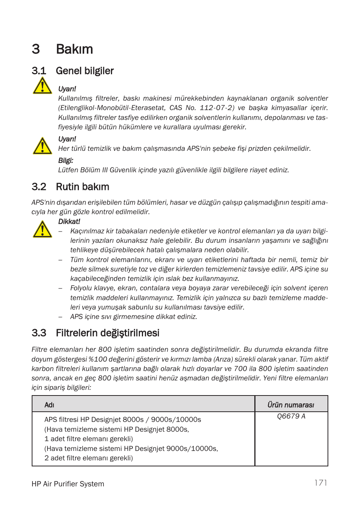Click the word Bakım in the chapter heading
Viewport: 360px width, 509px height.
coord(74,49)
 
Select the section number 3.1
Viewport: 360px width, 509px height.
coord(39,71)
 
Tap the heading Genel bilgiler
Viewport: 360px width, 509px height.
coord(85,71)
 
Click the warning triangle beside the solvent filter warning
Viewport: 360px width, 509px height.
coord(42,86)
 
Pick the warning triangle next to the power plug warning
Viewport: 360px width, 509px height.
coord(42,146)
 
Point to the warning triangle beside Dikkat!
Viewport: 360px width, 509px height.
coord(42,229)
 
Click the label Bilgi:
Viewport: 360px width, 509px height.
coord(66,161)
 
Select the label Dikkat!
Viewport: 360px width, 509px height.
coord(69,222)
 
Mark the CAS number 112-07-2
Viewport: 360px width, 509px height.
coord(217,108)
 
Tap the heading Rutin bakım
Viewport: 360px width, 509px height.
coord(82,187)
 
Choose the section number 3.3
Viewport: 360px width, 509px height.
coord(39,333)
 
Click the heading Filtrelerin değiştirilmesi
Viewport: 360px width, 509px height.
coord(108,333)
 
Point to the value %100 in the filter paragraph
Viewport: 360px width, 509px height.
coord(97,359)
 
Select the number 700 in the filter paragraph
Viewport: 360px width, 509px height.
coord(240,369)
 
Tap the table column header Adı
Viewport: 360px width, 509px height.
coord(49,405)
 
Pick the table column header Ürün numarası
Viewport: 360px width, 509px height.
coord(291,405)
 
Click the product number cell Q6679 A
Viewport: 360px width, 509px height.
coord(291,416)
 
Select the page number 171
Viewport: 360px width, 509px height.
coord(321,483)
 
